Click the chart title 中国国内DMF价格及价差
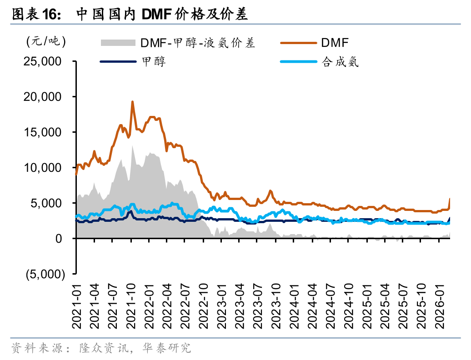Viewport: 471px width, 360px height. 161,15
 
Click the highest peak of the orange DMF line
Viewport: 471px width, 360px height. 132,102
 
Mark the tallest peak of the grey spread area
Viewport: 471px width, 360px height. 132,146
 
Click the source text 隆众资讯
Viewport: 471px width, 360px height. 101,349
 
